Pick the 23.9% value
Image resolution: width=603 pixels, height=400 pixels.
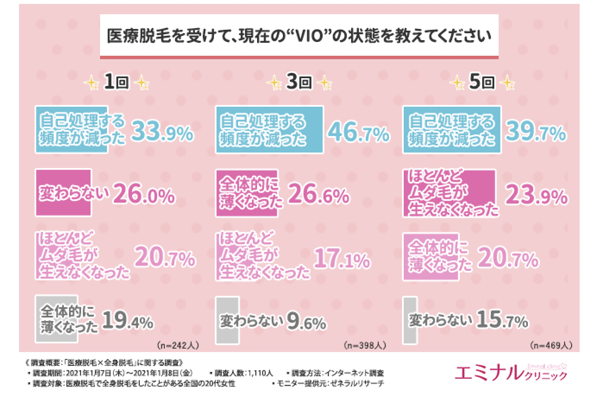pos(536,195)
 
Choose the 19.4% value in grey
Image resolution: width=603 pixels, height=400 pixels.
pos(128,321)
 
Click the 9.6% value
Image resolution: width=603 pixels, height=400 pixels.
pos(306,321)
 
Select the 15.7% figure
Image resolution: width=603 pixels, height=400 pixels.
pos(502,320)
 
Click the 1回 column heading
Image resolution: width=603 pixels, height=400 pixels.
pos(116,82)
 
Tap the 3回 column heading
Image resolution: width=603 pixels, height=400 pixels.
pos(299,82)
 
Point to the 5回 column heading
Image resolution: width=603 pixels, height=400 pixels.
pos(482,82)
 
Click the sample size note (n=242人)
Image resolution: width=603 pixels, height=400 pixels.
pos(178,346)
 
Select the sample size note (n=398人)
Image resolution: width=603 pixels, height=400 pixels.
pos(365,346)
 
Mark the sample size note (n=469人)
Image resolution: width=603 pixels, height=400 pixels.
pos(551,346)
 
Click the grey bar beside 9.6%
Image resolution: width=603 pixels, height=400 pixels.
pos(227,320)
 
